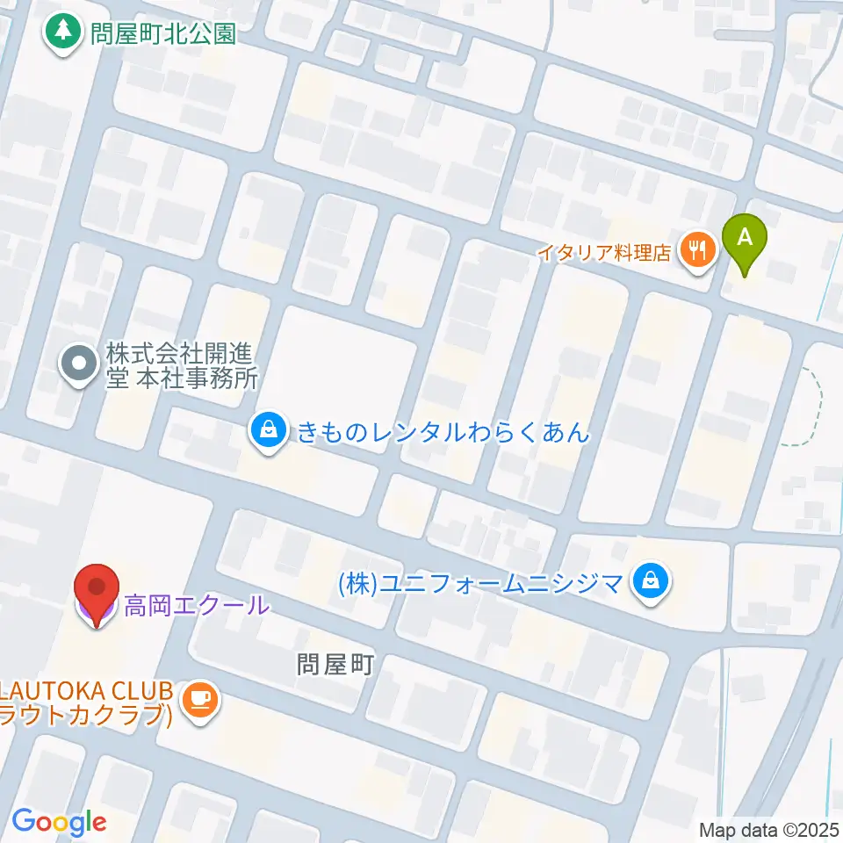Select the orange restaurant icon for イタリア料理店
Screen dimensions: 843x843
point(699,253)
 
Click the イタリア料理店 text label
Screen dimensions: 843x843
point(604,253)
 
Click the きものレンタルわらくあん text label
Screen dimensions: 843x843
point(443,431)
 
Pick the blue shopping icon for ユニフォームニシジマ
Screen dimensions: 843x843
point(651,580)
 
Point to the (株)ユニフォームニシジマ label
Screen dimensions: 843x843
point(480,581)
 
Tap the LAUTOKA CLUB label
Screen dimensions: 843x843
point(88,690)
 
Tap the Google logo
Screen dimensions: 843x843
point(59,823)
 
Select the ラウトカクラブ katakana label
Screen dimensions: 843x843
point(84,715)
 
